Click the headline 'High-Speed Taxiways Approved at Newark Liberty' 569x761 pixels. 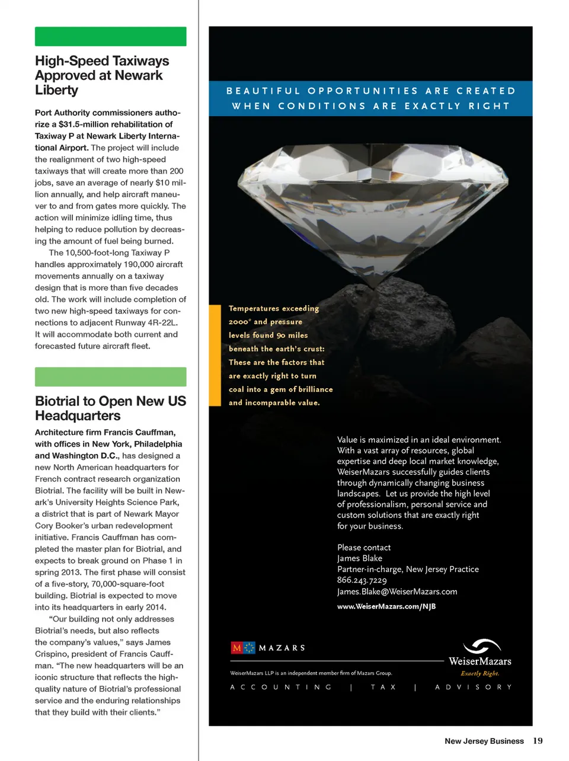pos(102,75)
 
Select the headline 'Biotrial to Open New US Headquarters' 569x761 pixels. pos(110,408)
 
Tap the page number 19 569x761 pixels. pos(538,740)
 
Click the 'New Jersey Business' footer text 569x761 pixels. pos(484,741)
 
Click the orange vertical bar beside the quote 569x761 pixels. pos(215,355)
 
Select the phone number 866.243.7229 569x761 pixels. pos(362,580)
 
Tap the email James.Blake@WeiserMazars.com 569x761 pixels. pos(397,591)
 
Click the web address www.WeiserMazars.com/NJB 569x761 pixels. pos(386,606)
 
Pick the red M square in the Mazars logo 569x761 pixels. pos(236,648)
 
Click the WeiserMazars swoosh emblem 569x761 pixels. pos(482,646)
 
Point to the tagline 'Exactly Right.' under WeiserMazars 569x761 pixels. pos(480,673)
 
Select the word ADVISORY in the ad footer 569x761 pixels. pos(473,687)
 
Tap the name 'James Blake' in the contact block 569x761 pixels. pos(360,558)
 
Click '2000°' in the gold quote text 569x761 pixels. pos(239,322)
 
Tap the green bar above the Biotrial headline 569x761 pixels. pos(110,377)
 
